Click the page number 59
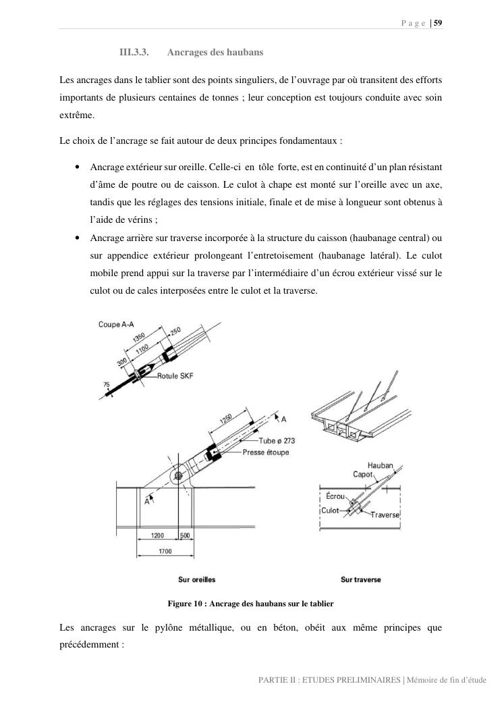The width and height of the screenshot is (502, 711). pos(438,23)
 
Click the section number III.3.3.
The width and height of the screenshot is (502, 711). pos(134,52)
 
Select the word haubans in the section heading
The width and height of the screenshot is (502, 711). pos(244,52)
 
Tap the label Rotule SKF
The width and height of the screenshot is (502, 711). pos(175,376)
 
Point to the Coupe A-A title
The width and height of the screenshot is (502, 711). pos(116,324)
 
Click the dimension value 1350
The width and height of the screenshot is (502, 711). pos(139,338)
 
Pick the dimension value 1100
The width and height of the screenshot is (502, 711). pos(142,348)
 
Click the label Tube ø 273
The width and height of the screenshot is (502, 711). pos(277,441)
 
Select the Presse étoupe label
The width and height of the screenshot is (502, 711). pos(265,452)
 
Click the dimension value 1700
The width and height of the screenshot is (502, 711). pos(165,552)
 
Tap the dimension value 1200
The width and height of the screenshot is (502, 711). pos(157,535)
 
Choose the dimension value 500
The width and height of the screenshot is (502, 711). pos(185,535)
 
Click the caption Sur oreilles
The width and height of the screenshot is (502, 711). pos(196,579)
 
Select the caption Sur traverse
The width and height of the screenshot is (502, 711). pos(360,579)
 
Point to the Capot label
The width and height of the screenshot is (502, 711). pos(363,474)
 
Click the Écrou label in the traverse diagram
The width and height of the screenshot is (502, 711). pos(335,496)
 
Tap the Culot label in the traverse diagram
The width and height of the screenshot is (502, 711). pos(330,510)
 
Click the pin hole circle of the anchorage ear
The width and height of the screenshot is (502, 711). pos(177,475)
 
